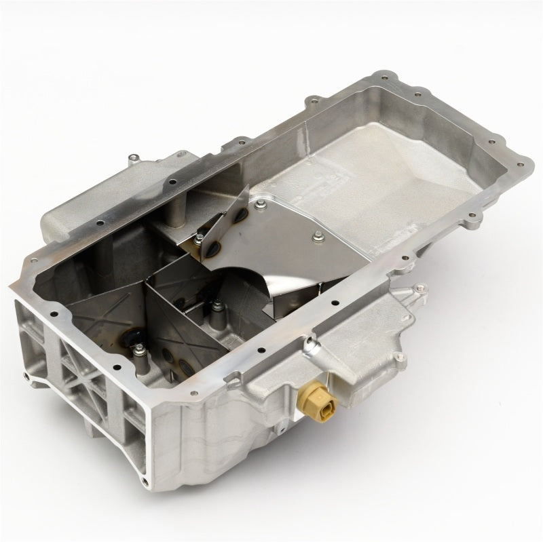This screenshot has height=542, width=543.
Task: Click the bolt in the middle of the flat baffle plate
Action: (x=317, y=236)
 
